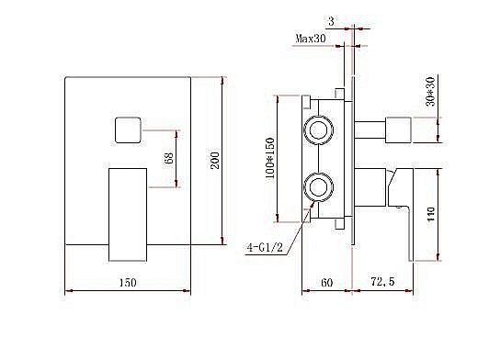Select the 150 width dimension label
coord(128,283)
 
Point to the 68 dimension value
coord(167,158)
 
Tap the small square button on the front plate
coord(129,130)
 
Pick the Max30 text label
coord(313,39)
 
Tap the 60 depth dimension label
coord(327,283)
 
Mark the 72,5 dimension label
coord(383,283)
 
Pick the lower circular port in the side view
coord(321,188)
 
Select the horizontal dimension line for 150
coord(128,292)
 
